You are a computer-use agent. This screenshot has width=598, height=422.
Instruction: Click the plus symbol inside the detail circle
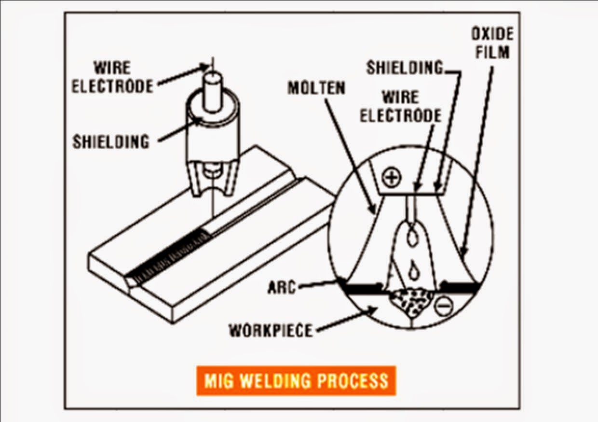(391, 178)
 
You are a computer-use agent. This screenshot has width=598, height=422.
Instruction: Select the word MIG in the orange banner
(220, 380)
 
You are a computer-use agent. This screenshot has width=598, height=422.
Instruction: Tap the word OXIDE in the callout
(491, 34)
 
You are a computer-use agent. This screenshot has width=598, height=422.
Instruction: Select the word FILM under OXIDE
(492, 51)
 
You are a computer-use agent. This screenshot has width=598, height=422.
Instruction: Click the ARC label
(281, 287)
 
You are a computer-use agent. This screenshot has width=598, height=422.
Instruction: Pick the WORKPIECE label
(271, 330)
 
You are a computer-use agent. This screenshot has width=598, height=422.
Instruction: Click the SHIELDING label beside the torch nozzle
(111, 141)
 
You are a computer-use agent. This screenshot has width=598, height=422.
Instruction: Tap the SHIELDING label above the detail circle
(404, 68)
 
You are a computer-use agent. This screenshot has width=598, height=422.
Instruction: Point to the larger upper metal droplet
(412, 237)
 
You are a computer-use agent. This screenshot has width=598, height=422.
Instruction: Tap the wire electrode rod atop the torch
(212, 92)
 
